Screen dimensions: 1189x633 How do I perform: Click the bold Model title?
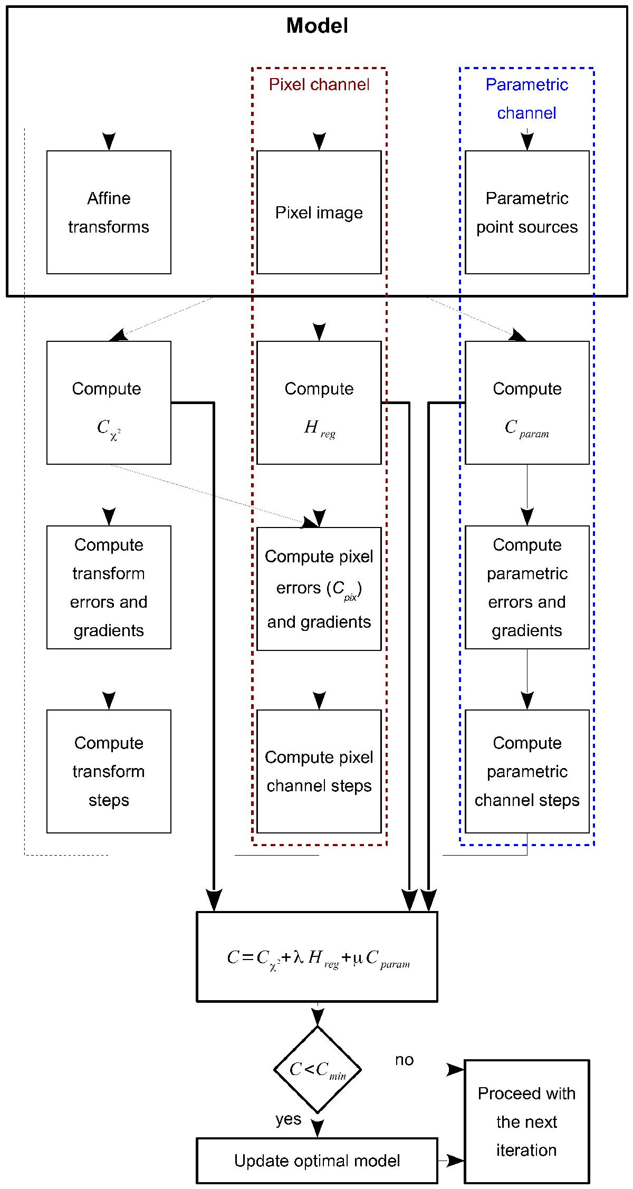317,26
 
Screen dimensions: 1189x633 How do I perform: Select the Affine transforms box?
109,213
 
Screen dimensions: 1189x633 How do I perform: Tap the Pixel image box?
319,213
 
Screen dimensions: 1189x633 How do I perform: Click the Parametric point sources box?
527,213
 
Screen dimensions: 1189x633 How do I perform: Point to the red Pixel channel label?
319,84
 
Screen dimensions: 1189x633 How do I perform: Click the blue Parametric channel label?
526,99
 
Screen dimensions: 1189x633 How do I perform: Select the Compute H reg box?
319,402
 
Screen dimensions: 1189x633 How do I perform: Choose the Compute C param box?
527,402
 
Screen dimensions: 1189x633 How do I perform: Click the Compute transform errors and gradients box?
109,587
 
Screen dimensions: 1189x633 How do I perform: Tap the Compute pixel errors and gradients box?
319,589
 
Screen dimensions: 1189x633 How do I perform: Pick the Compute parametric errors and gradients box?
527,587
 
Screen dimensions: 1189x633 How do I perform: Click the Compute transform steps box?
109,771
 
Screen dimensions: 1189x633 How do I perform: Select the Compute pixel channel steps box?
319,771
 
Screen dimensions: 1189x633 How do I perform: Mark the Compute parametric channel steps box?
527,771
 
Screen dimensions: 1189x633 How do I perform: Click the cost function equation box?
317,956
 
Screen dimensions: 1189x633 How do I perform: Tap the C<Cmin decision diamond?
318,1069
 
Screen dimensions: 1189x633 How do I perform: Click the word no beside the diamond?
404,1060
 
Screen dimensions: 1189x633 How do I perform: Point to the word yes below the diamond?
288,1119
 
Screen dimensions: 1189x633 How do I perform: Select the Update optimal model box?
317,1161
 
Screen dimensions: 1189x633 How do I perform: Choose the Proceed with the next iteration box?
526,1121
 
